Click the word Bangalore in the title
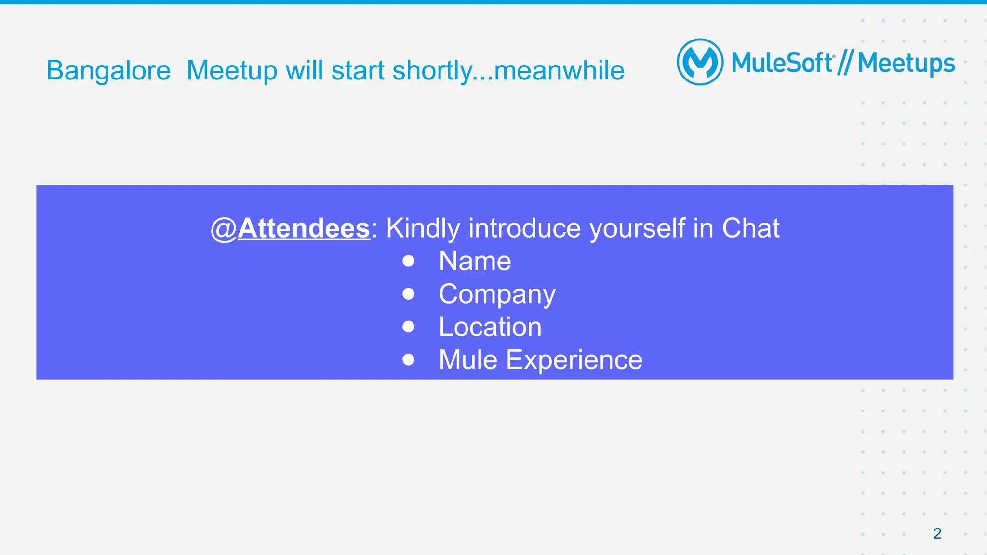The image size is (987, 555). point(108,71)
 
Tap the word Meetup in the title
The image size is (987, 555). point(232,71)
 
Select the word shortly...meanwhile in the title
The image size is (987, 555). point(508,71)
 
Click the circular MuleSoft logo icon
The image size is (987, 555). point(700,62)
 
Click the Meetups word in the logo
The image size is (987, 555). point(906,64)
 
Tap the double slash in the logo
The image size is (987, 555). point(845,63)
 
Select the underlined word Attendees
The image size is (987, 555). point(304,228)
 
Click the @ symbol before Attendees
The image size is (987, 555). point(224,229)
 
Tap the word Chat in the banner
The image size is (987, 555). point(750,228)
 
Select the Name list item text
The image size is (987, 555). point(475,261)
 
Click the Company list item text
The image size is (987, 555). point(497,294)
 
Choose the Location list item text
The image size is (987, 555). point(490,327)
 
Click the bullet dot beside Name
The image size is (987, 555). point(408,261)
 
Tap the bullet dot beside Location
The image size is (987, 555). point(408,327)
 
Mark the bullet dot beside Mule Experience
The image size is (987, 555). point(408,360)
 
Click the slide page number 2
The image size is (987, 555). point(937,533)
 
